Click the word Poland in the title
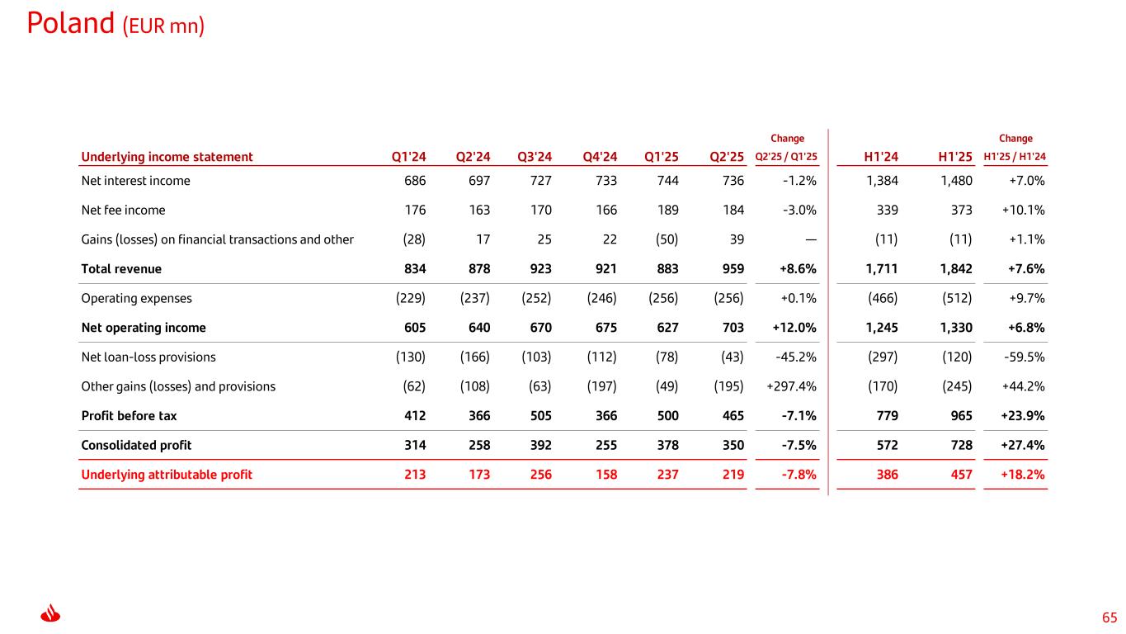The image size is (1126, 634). pos(70,24)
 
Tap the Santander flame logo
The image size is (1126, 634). pos(51,615)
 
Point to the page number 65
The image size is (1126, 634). pos(1110,617)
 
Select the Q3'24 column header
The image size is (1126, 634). pos(535,157)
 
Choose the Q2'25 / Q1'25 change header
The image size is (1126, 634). pos(786,157)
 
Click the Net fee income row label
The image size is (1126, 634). pos(123,211)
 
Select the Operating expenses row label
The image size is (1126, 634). pos(133,298)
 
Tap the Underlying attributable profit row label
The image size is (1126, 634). pos(167,475)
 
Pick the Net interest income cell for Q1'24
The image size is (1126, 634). pos(414,181)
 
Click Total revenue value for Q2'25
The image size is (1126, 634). pos(732,269)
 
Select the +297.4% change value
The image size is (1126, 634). pos(792,386)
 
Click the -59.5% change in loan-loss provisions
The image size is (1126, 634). pos(1025,357)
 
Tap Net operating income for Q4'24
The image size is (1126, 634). pos(605,328)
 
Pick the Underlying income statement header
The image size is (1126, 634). pos(167,157)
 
